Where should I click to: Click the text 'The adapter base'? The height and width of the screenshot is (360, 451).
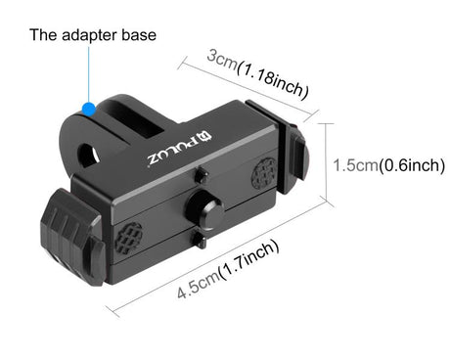pyautogui.click(x=93, y=36)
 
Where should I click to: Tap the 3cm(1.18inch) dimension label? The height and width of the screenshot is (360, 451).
pyautogui.click(x=258, y=74)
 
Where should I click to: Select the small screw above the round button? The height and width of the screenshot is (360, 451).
pyautogui.click(x=200, y=176)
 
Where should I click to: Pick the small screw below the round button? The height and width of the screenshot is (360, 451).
pyautogui.click(x=202, y=239)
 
